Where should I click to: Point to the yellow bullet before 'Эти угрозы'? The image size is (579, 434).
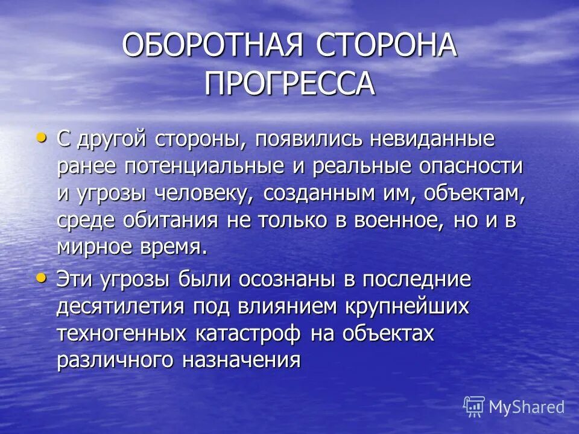click(x=40, y=278)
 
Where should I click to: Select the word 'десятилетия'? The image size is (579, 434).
click(x=121, y=306)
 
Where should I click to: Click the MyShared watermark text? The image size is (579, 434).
click(x=527, y=407)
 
